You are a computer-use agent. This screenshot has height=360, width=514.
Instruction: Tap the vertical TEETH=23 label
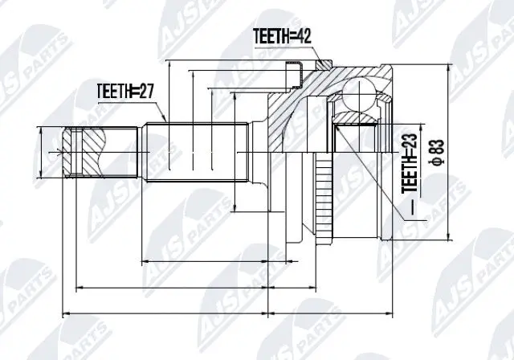(409, 160)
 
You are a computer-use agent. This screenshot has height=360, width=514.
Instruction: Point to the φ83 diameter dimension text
(437, 149)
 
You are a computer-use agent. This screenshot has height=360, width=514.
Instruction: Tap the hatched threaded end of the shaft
(85, 151)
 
